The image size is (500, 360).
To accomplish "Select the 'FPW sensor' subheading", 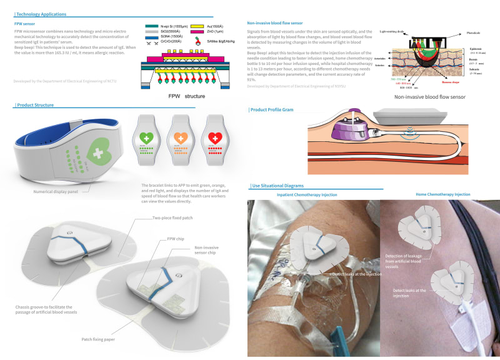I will click(x=26, y=23).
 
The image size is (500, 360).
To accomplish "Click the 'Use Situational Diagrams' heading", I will click(x=277, y=186).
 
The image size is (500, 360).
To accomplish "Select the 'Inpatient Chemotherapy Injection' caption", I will click(x=306, y=195).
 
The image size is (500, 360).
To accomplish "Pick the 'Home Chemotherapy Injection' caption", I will click(x=442, y=194).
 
